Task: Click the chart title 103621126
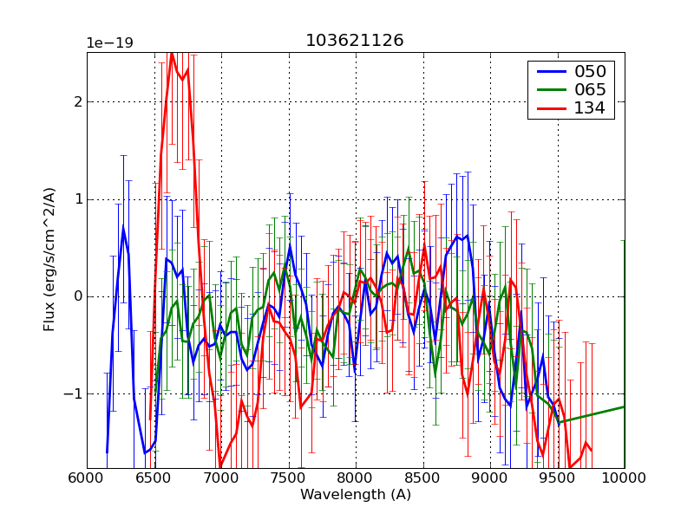click(x=355, y=41)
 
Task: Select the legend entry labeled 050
click(x=589, y=71)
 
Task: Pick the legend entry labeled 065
click(x=589, y=89)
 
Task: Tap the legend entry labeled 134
click(x=589, y=108)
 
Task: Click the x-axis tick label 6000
click(x=87, y=478)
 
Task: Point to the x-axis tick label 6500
click(x=154, y=478)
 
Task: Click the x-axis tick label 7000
click(x=221, y=478)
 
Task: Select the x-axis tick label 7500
click(x=289, y=478)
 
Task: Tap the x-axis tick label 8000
click(x=356, y=478)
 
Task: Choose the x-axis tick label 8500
click(x=423, y=478)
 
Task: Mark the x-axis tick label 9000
click(x=490, y=478)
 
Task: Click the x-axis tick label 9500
click(x=558, y=478)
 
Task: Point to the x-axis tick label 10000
click(x=623, y=478)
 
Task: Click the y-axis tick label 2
click(x=77, y=101)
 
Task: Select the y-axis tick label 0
click(x=77, y=296)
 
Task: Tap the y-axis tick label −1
click(x=73, y=393)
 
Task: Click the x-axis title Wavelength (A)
click(x=356, y=495)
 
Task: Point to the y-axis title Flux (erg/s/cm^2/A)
click(x=49, y=260)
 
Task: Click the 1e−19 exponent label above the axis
click(x=109, y=42)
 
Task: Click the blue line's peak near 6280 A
click(x=123, y=228)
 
